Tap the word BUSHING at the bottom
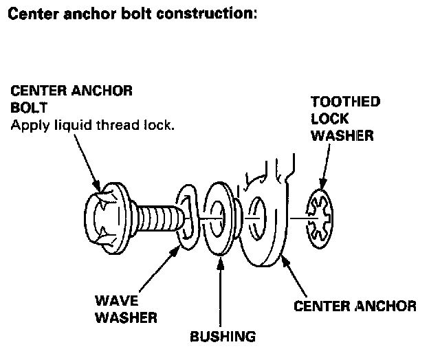(x=223, y=337)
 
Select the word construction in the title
(x=207, y=14)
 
